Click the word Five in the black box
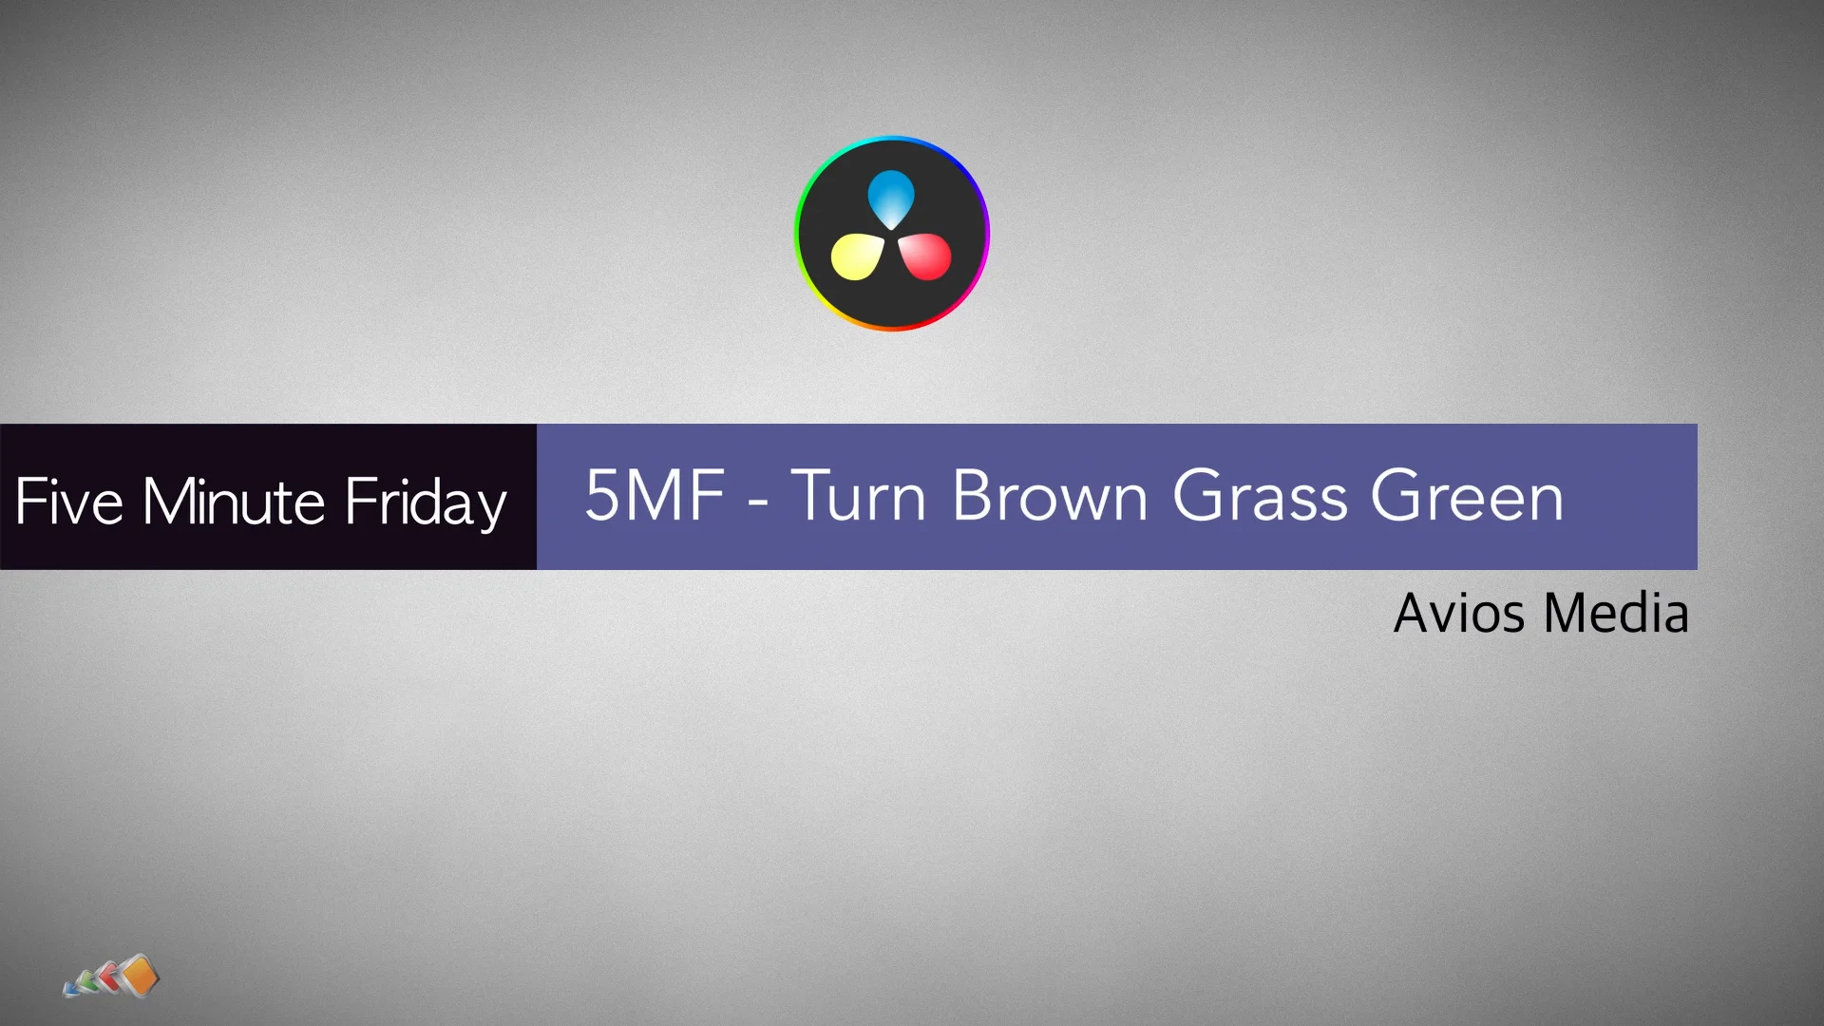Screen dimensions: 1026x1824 tap(68, 502)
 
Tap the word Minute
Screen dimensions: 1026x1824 tap(234, 502)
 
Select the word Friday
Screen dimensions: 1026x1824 tap(425, 503)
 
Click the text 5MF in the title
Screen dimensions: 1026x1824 tap(655, 495)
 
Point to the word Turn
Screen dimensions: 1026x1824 tap(859, 496)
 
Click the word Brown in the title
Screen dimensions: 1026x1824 tap(1050, 496)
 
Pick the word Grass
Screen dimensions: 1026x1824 tap(1260, 496)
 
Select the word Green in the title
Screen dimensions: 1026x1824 tap(1467, 496)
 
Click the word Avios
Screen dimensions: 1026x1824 tap(1459, 613)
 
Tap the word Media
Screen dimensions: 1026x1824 tap(1616, 613)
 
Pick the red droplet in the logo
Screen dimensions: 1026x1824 tap(925, 256)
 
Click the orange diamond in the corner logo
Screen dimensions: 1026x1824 tap(140, 976)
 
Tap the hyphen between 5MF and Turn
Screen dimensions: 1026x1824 tap(757, 501)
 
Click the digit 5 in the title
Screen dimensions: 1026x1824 tap(602, 495)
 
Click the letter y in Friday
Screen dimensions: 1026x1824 tap(491, 507)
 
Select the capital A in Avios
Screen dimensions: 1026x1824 tap(1415, 613)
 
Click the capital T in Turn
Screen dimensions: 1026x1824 tap(813, 495)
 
